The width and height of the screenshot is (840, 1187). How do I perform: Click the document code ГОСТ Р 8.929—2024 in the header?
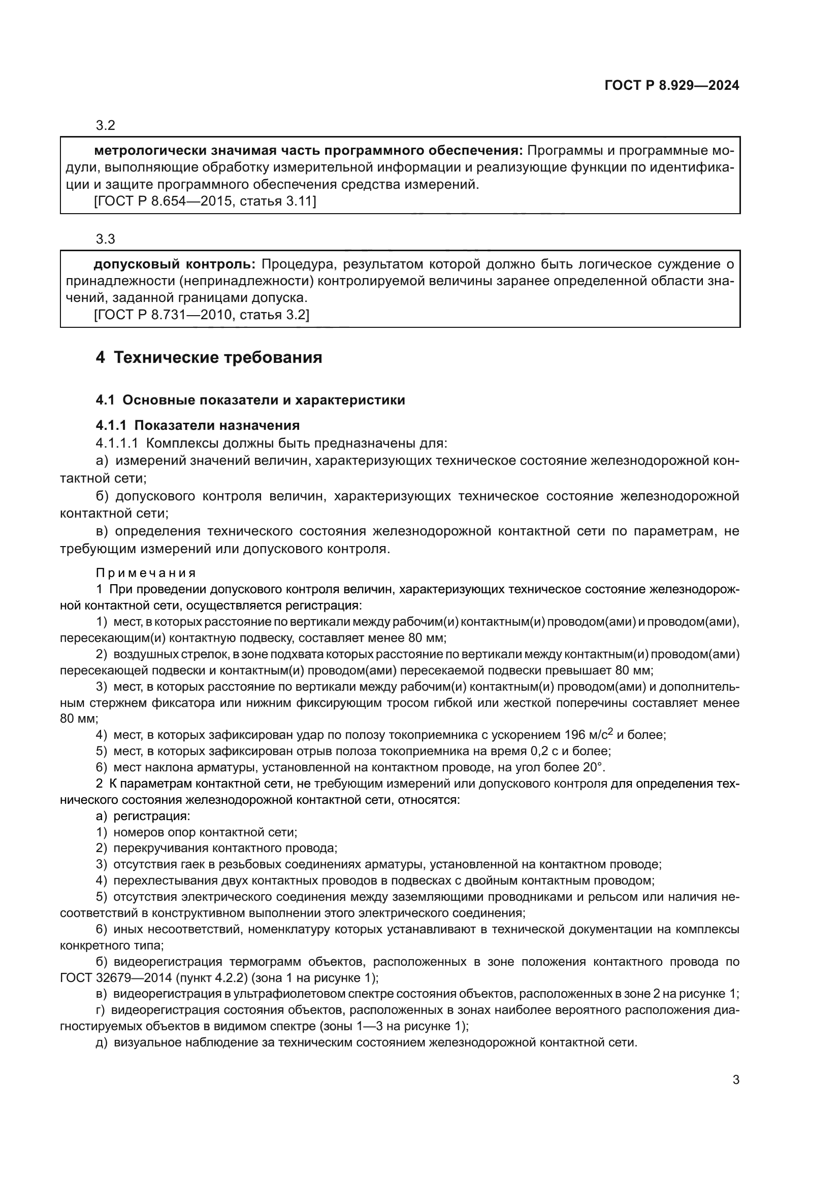point(671,86)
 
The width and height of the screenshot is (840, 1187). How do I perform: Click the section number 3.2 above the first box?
point(106,126)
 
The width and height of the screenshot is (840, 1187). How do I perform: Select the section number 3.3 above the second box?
point(106,240)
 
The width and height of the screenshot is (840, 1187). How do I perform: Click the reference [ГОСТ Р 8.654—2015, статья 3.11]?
point(205,201)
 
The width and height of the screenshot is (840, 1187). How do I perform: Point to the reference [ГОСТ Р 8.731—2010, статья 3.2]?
point(202,315)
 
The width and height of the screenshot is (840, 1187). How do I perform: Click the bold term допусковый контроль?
point(174,265)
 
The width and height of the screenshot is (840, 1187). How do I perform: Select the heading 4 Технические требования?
point(209,357)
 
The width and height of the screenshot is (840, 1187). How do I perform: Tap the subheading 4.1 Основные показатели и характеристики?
point(250,400)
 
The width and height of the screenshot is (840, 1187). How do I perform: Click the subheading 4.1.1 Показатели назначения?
point(198,425)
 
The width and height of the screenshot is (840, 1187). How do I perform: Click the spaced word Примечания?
point(146,573)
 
